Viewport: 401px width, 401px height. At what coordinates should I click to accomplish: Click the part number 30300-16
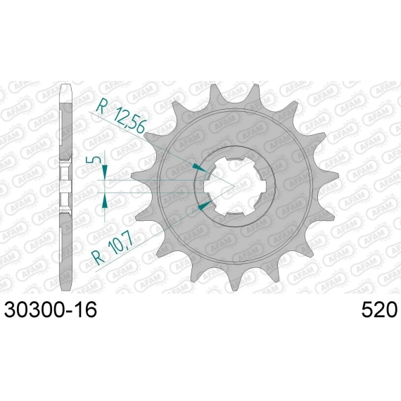pos(51,310)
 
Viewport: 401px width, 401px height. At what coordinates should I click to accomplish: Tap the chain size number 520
pos(379,310)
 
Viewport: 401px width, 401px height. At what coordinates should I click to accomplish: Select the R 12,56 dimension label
pos(121,115)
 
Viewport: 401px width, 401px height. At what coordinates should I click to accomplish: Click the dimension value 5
pos(91,160)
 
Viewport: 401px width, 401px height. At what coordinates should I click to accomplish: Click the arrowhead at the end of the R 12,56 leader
pos(199,167)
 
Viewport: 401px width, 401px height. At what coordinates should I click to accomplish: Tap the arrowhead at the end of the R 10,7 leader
pos(205,205)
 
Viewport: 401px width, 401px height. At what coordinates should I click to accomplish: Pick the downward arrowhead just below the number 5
pos(105,170)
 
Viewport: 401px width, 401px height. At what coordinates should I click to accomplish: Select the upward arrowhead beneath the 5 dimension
pos(105,202)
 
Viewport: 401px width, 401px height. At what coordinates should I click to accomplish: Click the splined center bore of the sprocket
pos(234,186)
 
